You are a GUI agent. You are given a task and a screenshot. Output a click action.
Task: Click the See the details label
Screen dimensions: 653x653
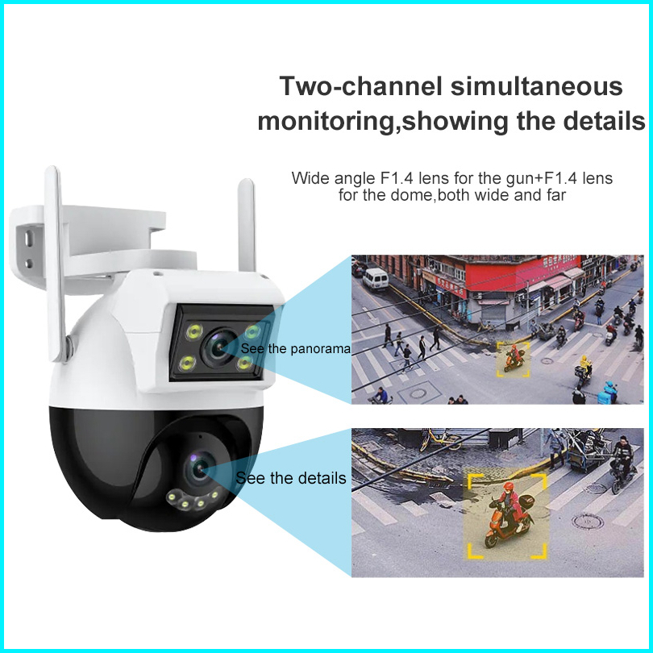tap(291, 478)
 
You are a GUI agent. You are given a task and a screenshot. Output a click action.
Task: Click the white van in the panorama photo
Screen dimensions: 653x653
tap(375, 279)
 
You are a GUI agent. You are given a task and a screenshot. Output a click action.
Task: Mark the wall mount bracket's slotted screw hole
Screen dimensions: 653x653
tap(30, 242)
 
